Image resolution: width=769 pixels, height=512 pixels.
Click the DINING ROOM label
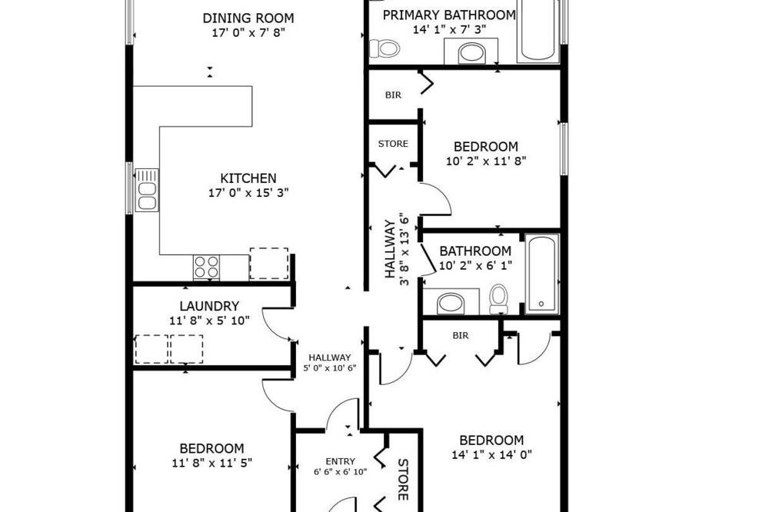(x=248, y=18)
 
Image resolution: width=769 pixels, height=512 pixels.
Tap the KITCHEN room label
(x=248, y=178)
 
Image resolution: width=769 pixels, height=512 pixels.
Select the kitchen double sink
(x=147, y=191)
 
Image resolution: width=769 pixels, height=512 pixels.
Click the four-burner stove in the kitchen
(x=206, y=268)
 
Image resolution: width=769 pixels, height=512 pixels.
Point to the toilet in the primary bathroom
(x=384, y=48)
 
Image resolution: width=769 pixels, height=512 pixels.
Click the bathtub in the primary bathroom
(x=538, y=31)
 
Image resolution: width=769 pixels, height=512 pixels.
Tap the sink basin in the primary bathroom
(x=472, y=53)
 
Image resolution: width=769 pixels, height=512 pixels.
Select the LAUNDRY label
(x=209, y=306)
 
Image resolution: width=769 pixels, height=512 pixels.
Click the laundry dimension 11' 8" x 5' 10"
(x=209, y=321)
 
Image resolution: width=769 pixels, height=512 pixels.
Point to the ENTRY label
(x=341, y=461)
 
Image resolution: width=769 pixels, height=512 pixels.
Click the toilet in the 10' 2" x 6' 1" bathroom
(x=499, y=298)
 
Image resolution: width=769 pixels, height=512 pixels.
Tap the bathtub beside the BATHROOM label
(x=542, y=274)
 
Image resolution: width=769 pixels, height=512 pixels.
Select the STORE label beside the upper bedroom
(x=393, y=144)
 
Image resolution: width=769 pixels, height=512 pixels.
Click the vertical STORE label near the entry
(x=403, y=479)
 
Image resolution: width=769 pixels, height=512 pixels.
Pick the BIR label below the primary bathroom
(x=393, y=95)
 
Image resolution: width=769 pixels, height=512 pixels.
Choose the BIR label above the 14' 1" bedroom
(x=461, y=335)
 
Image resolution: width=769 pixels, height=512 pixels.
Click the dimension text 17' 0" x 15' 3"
(x=248, y=193)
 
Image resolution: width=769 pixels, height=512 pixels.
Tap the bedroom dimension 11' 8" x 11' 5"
(x=212, y=463)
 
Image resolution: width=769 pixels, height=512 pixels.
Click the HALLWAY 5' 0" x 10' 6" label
(x=330, y=362)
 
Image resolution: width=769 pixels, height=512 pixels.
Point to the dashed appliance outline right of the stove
(x=268, y=264)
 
